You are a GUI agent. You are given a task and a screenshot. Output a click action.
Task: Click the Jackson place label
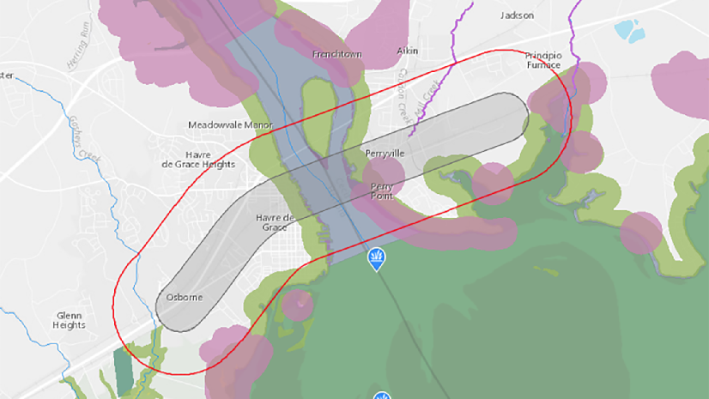[x=517, y=15]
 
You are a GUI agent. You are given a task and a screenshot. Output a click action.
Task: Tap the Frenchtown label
[x=337, y=54]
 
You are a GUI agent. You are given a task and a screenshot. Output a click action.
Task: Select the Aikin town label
[x=407, y=51]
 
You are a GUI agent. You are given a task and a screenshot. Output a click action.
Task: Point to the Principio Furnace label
[x=542, y=59]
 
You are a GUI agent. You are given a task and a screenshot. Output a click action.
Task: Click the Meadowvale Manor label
[x=230, y=125]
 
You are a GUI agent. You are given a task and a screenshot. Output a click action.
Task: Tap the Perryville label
[x=385, y=153]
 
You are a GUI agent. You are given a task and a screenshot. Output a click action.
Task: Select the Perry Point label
[x=382, y=190]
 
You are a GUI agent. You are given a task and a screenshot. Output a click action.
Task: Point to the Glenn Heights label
[x=69, y=320]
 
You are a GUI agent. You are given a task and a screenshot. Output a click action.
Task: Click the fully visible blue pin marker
[x=376, y=259]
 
